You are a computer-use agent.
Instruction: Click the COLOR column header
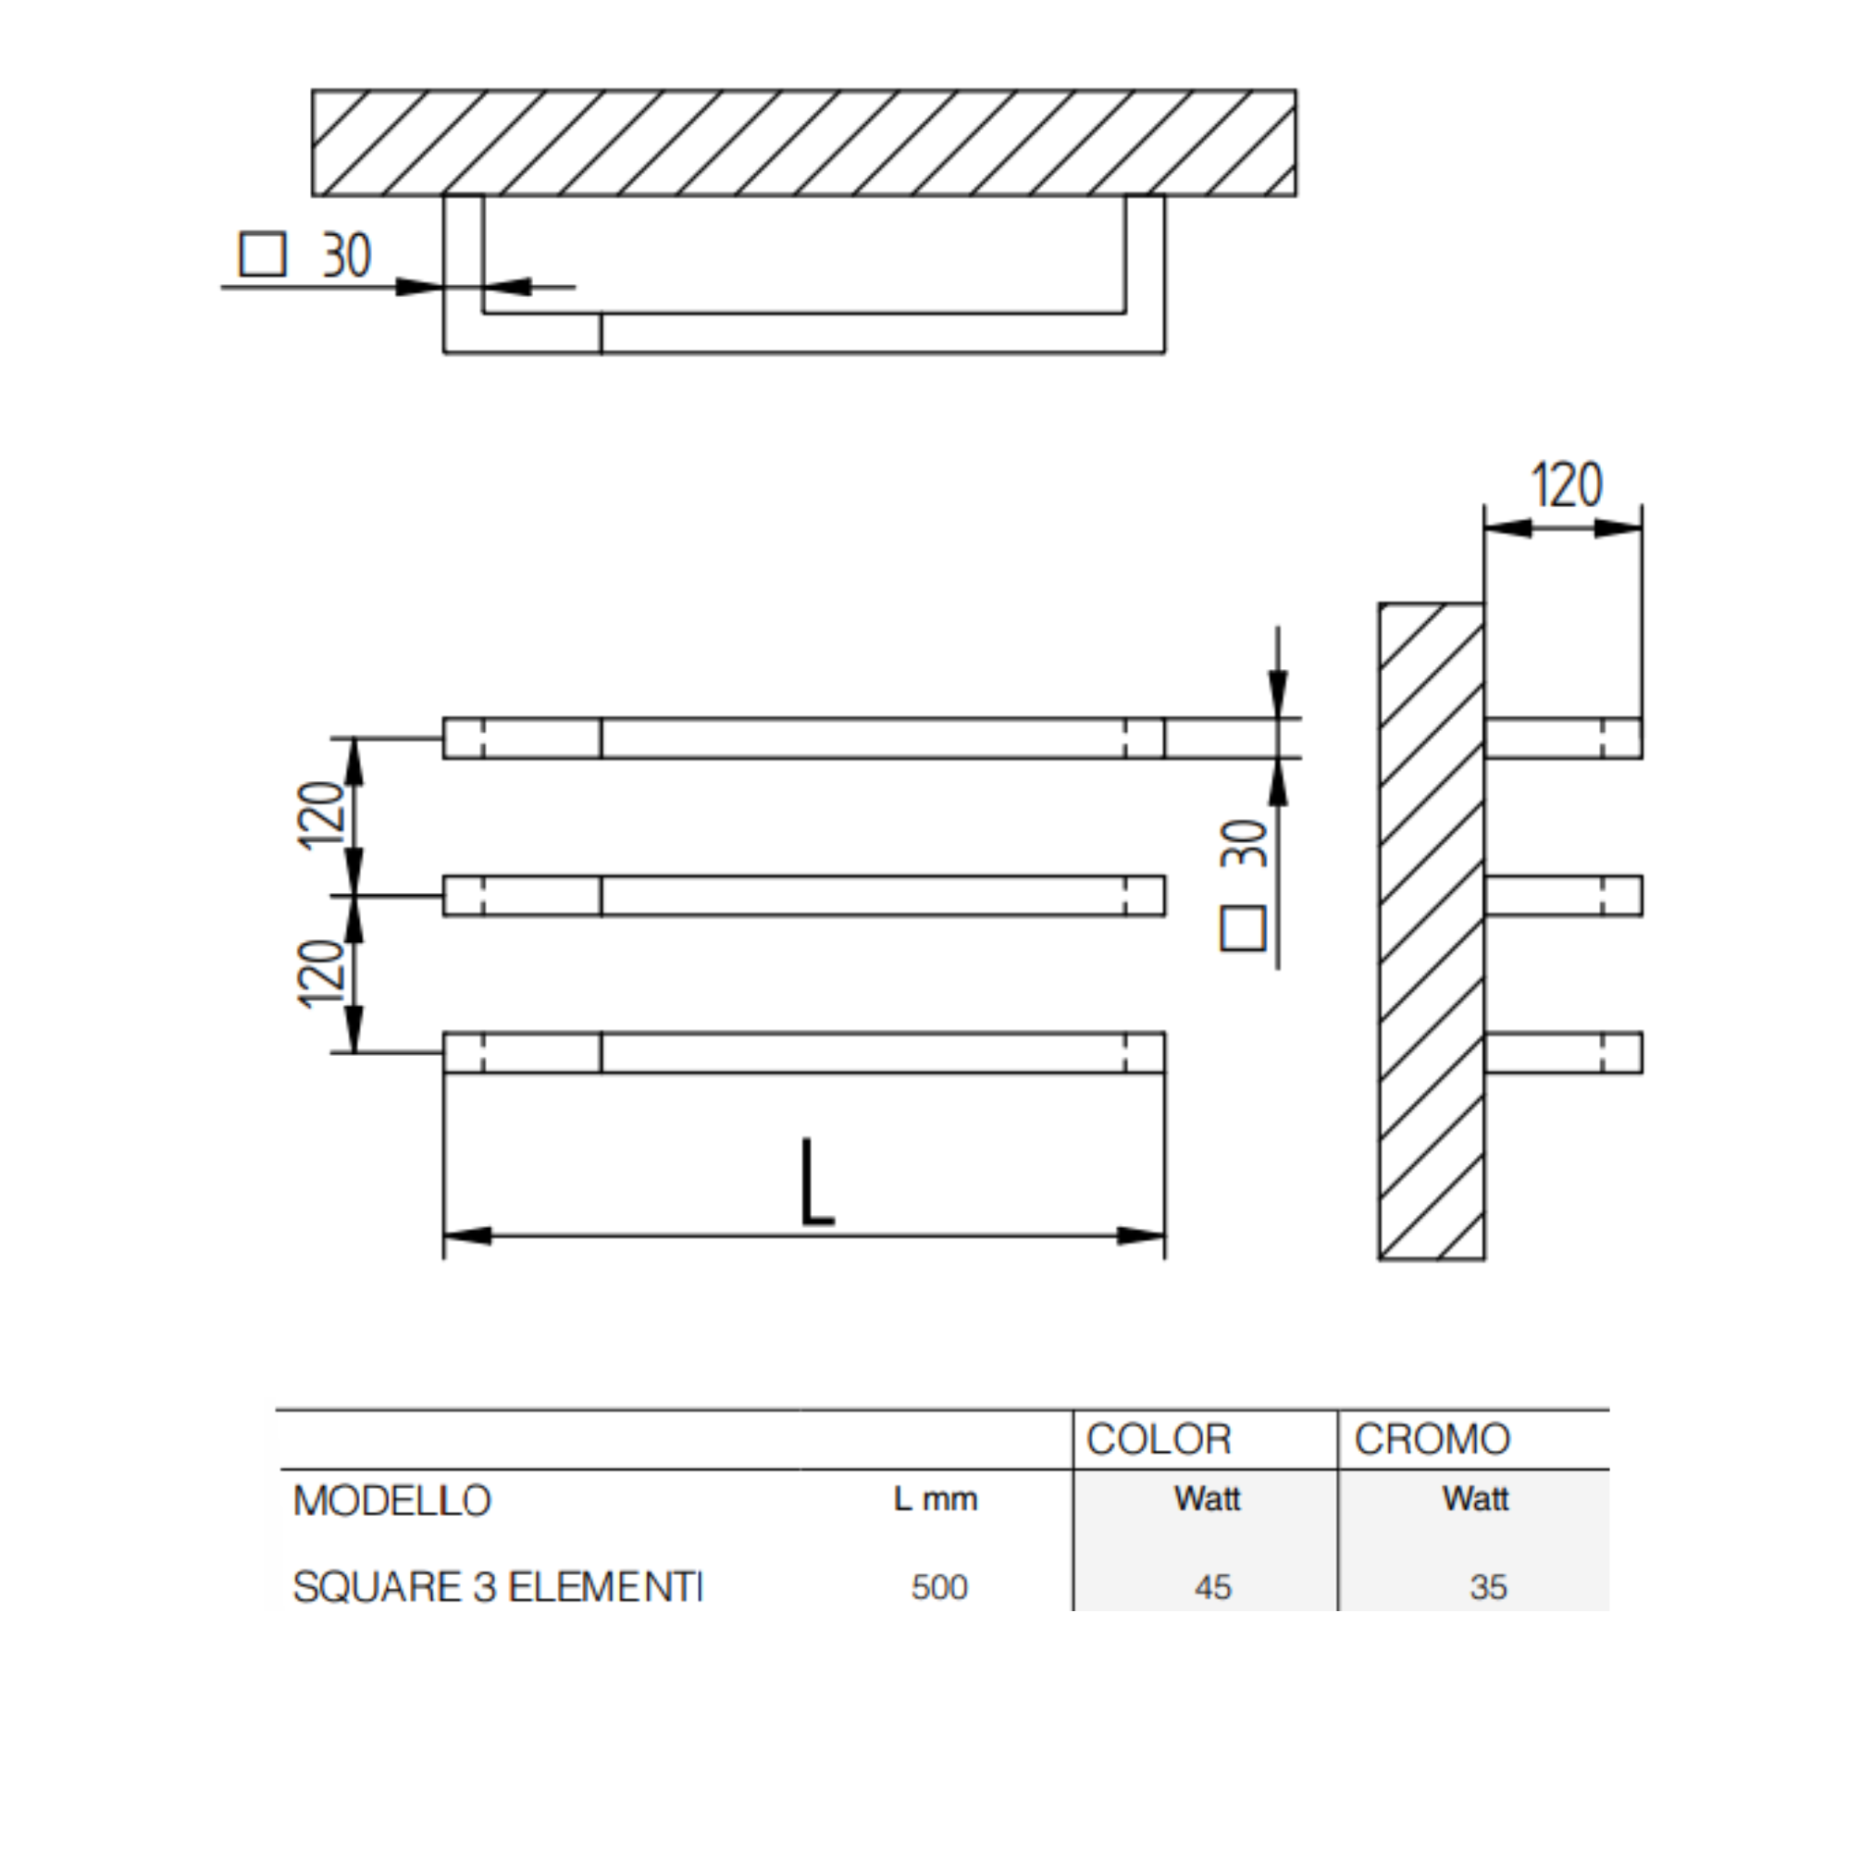coord(1159,1440)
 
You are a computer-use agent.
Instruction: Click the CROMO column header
coord(1432,1440)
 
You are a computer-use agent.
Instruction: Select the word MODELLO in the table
coord(391,1502)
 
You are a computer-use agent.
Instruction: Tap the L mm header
coord(936,1500)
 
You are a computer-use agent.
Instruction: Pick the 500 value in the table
coord(939,1587)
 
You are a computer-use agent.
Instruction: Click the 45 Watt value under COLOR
coord(1213,1587)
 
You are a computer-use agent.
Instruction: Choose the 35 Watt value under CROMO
coord(1488,1587)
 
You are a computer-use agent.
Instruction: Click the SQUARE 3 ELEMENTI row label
coord(497,1587)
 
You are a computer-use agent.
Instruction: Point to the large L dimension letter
coord(816,1183)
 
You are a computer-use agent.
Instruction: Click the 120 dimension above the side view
coord(1567,485)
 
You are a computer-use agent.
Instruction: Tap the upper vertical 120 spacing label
coord(322,815)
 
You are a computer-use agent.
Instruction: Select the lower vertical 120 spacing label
coord(322,974)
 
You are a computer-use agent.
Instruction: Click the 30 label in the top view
coord(346,256)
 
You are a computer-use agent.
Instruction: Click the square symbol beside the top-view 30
coord(263,255)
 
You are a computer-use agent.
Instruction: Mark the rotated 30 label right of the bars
coord(1244,842)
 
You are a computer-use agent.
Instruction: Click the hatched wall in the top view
coord(803,143)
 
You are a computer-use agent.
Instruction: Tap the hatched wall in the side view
coord(1431,931)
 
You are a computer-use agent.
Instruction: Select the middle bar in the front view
coord(803,896)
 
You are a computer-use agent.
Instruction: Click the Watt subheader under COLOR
coord(1207,1500)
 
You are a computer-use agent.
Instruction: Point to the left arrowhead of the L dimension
coord(467,1235)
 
